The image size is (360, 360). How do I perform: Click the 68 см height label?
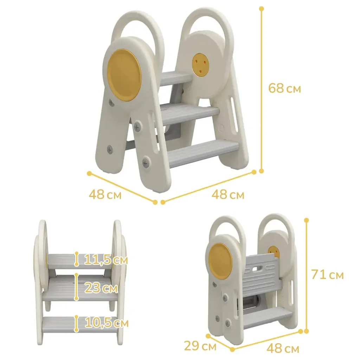(x=284, y=88)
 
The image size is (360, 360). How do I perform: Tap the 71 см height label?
(x=327, y=274)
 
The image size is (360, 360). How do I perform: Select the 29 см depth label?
(x=200, y=346)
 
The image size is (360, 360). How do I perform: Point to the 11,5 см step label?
(x=105, y=260)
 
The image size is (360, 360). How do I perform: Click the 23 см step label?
(x=101, y=288)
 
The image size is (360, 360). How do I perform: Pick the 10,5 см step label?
(x=107, y=323)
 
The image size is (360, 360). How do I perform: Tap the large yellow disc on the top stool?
(x=124, y=75)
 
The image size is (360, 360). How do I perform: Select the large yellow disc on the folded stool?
(x=221, y=260)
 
